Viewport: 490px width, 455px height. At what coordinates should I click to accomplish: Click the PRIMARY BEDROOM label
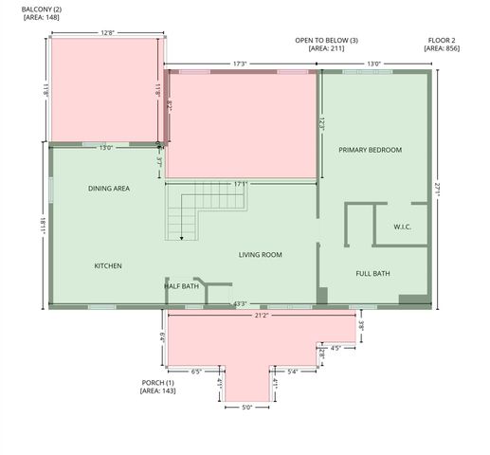tap(370, 150)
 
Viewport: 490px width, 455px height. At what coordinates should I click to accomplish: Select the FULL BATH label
tap(372, 274)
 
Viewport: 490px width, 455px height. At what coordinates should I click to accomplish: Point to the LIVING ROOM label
tap(260, 254)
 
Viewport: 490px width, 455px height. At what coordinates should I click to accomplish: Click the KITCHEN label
tap(108, 265)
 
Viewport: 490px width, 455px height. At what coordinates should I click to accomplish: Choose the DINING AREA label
tap(109, 189)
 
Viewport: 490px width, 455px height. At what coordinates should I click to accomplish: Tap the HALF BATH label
tap(181, 285)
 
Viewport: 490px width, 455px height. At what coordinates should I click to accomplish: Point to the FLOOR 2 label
tap(442, 40)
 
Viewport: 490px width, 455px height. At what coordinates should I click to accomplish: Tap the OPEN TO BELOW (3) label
tap(326, 40)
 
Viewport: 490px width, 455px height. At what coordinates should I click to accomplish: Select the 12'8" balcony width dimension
tap(107, 32)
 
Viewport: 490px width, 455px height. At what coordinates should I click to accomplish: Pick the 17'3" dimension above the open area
tap(240, 64)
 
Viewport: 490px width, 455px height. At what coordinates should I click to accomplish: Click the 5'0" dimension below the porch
tap(245, 408)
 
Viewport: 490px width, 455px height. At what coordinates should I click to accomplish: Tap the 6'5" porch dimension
tap(196, 372)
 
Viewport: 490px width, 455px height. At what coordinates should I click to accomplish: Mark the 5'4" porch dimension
tap(293, 372)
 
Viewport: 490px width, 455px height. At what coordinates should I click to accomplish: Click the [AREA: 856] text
tap(442, 48)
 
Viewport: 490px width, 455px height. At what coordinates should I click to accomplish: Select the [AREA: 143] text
tap(157, 391)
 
